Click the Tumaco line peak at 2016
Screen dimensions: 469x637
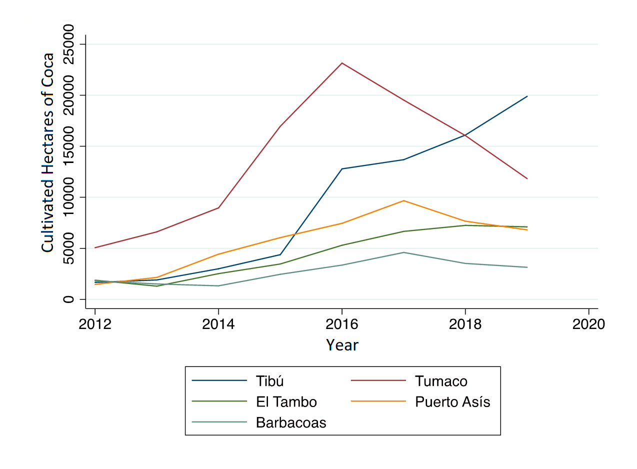[x=341, y=63]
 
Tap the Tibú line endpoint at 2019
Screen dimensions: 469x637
[x=527, y=96]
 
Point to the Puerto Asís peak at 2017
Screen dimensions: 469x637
[x=403, y=200]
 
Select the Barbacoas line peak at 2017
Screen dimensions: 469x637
[x=403, y=252]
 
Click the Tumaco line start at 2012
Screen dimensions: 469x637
[x=95, y=247]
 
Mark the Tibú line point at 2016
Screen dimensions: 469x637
[x=341, y=169]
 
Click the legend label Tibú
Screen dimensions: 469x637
[x=269, y=381]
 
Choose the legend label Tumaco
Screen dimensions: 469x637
[x=441, y=381]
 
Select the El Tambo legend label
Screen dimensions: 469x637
[x=286, y=402]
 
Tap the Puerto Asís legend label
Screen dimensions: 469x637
[x=452, y=402]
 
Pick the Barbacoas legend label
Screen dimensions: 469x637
[x=291, y=423]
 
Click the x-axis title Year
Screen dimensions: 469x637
[x=342, y=345]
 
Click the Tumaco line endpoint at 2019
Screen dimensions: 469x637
[x=527, y=178]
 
